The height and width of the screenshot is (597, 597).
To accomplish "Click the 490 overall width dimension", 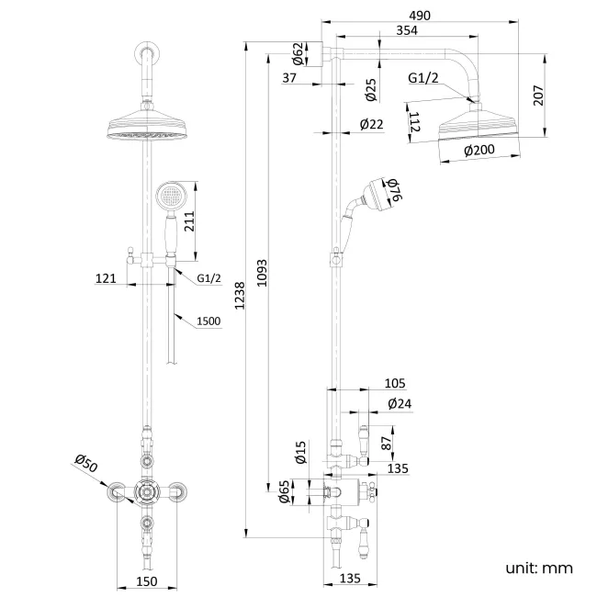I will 421,16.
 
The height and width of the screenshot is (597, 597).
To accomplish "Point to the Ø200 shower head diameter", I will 479,151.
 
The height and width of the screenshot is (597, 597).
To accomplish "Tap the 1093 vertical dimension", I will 264,272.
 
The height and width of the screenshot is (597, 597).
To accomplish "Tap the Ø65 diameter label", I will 284,494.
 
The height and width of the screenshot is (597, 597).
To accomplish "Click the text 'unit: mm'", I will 538,569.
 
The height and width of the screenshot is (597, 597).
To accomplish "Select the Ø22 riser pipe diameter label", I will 371,124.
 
